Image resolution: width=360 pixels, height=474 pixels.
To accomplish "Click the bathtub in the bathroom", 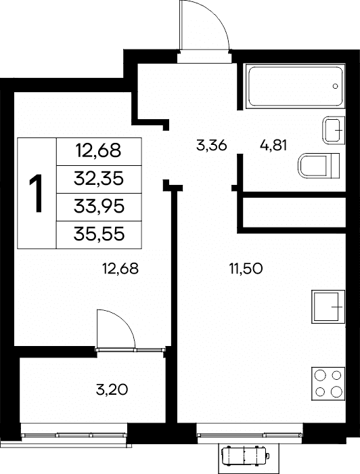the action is click(x=295, y=86).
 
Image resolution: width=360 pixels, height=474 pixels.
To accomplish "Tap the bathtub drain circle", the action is click(x=335, y=86).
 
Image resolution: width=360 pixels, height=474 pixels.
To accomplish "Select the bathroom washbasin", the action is click(x=334, y=130).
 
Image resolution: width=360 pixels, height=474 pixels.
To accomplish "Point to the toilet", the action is click(x=319, y=166).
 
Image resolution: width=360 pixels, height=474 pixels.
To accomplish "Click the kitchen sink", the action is click(x=328, y=307).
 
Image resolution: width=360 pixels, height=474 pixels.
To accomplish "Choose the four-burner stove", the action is click(x=328, y=384).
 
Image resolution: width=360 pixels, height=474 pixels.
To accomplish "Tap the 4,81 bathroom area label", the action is click(x=273, y=146).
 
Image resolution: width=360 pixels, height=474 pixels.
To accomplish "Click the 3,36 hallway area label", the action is click(x=211, y=146).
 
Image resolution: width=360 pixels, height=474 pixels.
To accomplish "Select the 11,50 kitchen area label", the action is click(x=246, y=269).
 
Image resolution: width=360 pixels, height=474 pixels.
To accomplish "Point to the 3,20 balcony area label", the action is click(x=112, y=389).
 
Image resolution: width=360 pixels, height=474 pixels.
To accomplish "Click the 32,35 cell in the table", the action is click(x=99, y=179).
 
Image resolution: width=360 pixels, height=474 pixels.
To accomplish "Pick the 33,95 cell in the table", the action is click(x=99, y=207).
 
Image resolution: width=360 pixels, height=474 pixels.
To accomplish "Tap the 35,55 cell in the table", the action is click(x=99, y=234).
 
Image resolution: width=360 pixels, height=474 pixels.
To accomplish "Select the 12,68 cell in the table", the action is click(x=99, y=152).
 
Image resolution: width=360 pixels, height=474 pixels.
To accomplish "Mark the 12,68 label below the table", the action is click(x=121, y=268).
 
